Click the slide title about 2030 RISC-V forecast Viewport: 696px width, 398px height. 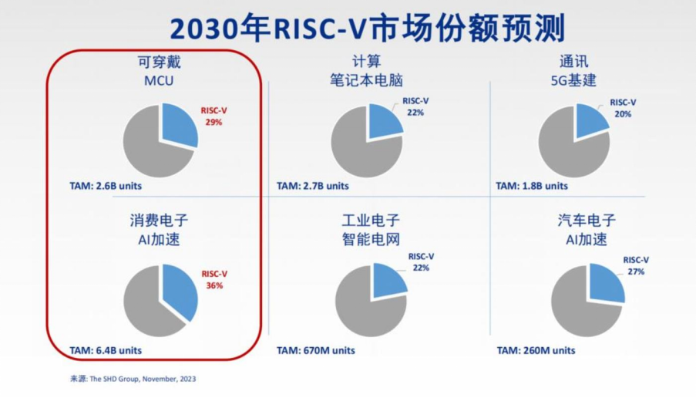coord(368,28)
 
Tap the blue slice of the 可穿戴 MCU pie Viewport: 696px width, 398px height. coord(177,123)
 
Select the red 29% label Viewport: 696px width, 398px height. coord(214,122)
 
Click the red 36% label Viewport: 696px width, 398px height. coord(214,285)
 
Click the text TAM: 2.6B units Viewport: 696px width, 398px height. coord(106,186)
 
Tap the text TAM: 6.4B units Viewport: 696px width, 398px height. coord(106,350)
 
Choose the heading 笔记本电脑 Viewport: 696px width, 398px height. coord(366,80)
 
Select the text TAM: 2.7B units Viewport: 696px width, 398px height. coord(313,186)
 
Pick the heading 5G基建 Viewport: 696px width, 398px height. coord(573,80)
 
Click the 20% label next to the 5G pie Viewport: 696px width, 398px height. coord(623,114)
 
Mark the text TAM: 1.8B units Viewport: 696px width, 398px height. coord(532,186)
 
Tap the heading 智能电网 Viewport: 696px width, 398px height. coord(371,239)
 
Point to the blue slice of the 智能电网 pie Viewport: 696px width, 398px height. coord(388,280)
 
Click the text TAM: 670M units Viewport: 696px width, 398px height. coord(316,350)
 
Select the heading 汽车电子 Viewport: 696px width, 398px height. coord(587,221)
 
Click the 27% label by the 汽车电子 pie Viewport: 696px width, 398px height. coord(636,272)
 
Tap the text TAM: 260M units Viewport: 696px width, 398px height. coord(536,350)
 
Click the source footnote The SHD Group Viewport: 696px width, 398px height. coord(133,379)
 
